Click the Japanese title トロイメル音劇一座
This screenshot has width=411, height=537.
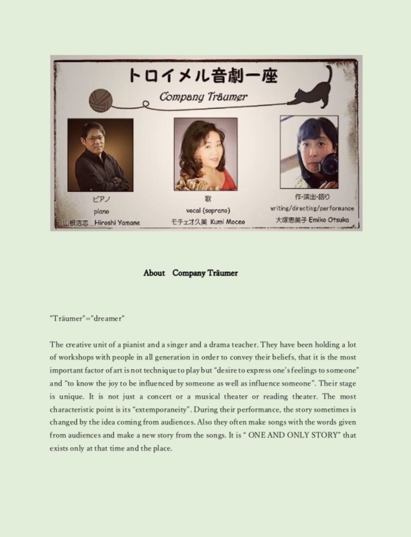click(x=203, y=76)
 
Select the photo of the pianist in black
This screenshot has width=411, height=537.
click(x=100, y=154)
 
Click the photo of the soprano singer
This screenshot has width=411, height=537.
click(x=205, y=154)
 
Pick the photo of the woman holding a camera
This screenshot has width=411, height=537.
click(x=309, y=152)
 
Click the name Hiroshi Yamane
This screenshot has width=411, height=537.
click(x=117, y=223)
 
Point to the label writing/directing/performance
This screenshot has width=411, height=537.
click(x=312, y=208)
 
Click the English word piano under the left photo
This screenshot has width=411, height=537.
click(x=101, y=211)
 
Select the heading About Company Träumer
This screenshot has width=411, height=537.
click(x=190, y=273)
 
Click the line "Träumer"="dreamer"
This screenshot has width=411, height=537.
click(x=87, y=319)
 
